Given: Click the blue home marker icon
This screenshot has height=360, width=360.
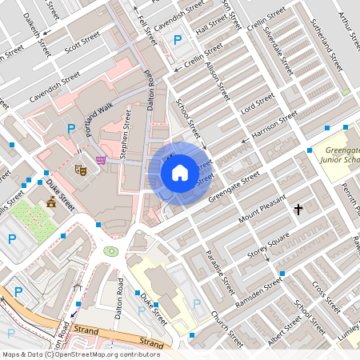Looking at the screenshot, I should [180, 173].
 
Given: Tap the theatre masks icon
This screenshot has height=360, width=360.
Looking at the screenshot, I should [80, 169].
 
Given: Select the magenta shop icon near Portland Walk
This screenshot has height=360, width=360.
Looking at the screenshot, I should [101, 160].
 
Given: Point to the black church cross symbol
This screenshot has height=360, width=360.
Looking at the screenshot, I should [298, 210].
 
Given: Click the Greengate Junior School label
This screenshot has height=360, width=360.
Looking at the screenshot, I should [342, 154].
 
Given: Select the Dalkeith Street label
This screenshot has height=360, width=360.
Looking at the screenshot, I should [37, 34].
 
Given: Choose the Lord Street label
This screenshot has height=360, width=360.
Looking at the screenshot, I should [258, 103].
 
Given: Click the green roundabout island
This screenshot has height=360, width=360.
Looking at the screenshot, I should [110, 251].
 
